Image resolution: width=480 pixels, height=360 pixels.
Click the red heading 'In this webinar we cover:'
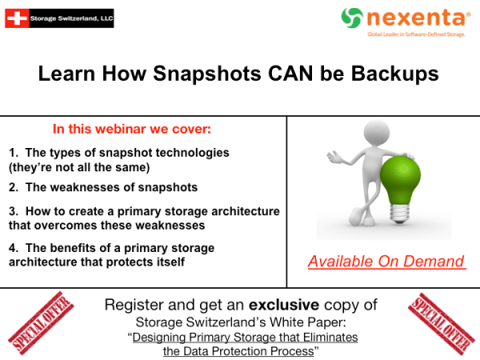pyautogui.click(x=132, y=129)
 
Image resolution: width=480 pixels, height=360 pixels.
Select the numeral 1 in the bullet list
pyautogui.click(x=12, y=152)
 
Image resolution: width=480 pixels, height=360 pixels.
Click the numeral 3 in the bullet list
pyautogui.click(x=12, y=211)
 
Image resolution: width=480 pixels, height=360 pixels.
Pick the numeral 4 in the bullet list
pyautogui.click(x=12, y=248)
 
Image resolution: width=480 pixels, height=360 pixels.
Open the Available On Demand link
pyautogui.click(x=386, y=262)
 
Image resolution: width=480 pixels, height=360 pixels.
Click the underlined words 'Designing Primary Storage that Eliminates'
pyautogui.click(x=246, y=338)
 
